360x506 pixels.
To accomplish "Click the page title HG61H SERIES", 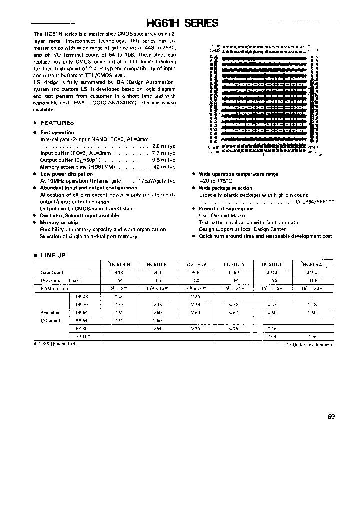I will (181, 23).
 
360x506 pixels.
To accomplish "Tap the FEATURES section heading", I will (57, 123).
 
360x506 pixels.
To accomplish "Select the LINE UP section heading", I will (53, 255).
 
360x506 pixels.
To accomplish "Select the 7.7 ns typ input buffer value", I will (164, 153).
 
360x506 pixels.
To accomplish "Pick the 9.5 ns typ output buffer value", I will (164, 160).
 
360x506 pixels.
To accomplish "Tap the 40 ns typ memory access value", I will (164, 167).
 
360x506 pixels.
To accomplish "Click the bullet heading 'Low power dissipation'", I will (66, 174).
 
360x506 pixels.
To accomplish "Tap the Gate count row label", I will (51, 273).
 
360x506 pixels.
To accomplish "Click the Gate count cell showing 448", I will (119, 273).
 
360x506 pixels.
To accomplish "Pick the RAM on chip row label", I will (54, 288).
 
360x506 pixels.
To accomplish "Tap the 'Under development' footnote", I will (309, 345).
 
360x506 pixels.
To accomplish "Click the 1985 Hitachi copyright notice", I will (56, 344).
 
